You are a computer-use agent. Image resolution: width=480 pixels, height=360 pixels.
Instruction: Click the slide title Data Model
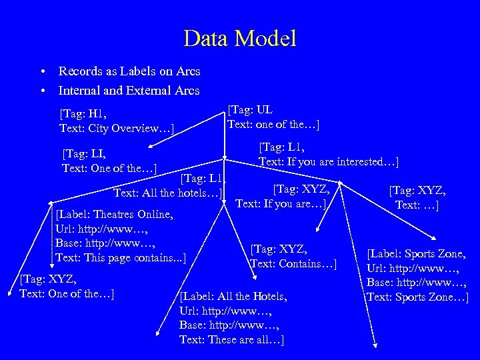pyautogui.click(x=240, y=37)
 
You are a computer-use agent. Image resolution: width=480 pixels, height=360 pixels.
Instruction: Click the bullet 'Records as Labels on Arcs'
pyautogui.click(x=129, y=71)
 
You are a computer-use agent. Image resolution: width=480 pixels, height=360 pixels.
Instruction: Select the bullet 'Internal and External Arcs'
pyautogui.click(x=129, y=90)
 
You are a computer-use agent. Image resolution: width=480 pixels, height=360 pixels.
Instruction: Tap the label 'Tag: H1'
pyautogui.click(x=83, y=114)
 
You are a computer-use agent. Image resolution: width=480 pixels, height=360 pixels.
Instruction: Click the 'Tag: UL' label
pyautogui.click(x=251, y=110)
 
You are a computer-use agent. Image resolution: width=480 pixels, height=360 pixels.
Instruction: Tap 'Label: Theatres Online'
pyautogui.click(x=115, y=215)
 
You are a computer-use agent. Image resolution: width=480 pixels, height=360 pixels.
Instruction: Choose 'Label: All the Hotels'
pyautogui.click(x=233, y=296)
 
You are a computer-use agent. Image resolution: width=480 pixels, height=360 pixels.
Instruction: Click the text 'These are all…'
pyautogui.click(x=245, y=340)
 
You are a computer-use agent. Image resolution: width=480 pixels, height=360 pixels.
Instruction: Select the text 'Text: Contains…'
pyautogui.click(x=294, y=264)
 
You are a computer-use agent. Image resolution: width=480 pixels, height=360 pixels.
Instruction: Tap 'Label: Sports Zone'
pyautogui.click(x=417, y=253)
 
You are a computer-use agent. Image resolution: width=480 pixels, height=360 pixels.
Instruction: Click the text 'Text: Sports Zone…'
pyautogui.click(x=417, y=297)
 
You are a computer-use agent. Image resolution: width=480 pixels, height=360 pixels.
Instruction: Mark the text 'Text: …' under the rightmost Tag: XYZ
pyautogui.click(x=417, y=205)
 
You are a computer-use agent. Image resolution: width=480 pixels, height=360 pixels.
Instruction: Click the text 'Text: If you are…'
pyautogui.click(x=280, y=203)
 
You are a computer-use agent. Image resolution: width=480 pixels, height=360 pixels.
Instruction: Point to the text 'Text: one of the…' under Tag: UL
pyautogui.click(x=273, y=125)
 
